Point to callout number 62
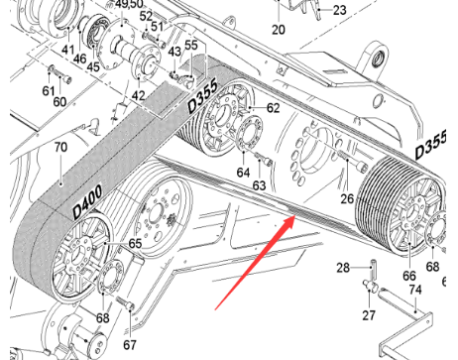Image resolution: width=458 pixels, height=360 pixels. pyautogui.click(x=273, y=108)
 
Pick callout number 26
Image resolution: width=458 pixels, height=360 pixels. pyautogui.click(x=347, y=198)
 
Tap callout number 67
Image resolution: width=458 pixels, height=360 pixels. pyautogui.click(x=129, y=345)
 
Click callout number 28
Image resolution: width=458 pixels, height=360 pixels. pyautogui.click(x=342, y=268)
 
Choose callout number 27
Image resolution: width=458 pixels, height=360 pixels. pyautogui.click(x=368, y=314)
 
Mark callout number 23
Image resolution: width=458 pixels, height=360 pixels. pyautogui.click(x=339, y=10)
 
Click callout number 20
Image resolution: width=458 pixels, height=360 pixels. pyautogui.click(x=278, y=30)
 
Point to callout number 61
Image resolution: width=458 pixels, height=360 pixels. pyautogui.click(x=47, y=91)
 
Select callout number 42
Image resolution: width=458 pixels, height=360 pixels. pyautogui.click(x=139, y=95)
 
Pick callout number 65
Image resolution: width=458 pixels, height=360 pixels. pyautogui.click(x=135, y=243)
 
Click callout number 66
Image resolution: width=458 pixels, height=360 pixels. pyautogui.click(x=407, y=275)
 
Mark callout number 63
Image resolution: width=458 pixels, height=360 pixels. pyautogui.click(x=259, y=184)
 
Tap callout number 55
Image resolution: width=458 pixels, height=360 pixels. pyautogui.click(x=191, y=46)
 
